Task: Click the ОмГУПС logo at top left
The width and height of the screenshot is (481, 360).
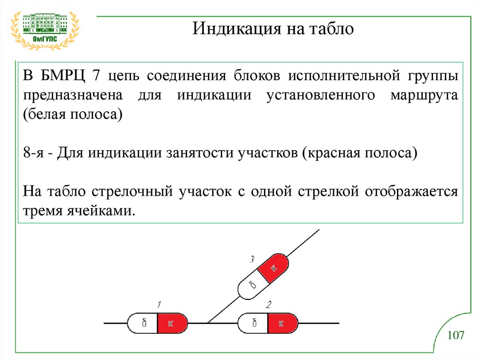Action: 45,28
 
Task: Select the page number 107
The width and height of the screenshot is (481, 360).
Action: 456,335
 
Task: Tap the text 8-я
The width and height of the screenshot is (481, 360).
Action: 34,153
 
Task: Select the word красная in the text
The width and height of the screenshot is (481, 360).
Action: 333,153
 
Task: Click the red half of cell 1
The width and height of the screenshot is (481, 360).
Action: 172,323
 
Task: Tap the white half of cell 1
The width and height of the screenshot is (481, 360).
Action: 143,323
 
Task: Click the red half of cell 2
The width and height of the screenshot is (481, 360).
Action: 282,323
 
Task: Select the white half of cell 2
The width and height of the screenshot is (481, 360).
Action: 253,323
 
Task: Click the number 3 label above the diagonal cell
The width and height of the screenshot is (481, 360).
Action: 252,259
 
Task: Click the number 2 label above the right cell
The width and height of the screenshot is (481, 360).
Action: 268,305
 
